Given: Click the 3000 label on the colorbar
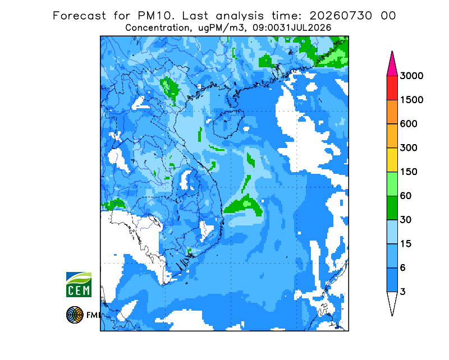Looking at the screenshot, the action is pyautogui.click(x=411, y=76).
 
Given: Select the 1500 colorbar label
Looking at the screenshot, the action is pyautogui.click(x=411, y=100).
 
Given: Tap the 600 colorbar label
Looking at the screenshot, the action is pyautogui.click(x=409, y=124).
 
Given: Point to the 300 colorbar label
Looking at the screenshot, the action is pyautogui.click(x=409, y=148).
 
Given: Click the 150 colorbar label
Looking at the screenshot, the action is pyautogui.click(x=409, y=172).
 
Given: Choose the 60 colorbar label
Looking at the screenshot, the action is pyautogui.click(x=406, y=196).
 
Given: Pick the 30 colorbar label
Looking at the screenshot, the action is pyautogui.click(x=406, y=220).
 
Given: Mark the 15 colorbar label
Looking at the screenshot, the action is pyautogui.click(x=406, y=244).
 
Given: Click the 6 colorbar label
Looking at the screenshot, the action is pyautogui.click(x=403, y=268).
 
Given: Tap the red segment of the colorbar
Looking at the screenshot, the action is pyautogui.click(x=392, y=88).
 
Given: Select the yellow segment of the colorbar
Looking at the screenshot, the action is pyautogui.click(x=392, y=160).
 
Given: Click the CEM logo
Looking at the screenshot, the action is pyautogui.click(x=79, y=284).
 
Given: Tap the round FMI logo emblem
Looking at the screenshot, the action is pyautogui.click(x=75, y=315).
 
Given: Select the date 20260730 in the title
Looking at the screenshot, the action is pyautogui.click(x=341, y=16).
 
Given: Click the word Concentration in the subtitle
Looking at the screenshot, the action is pyautogui.click(x=158, y=28).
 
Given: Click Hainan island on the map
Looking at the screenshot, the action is pyautogui.click(x=228, y=123).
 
